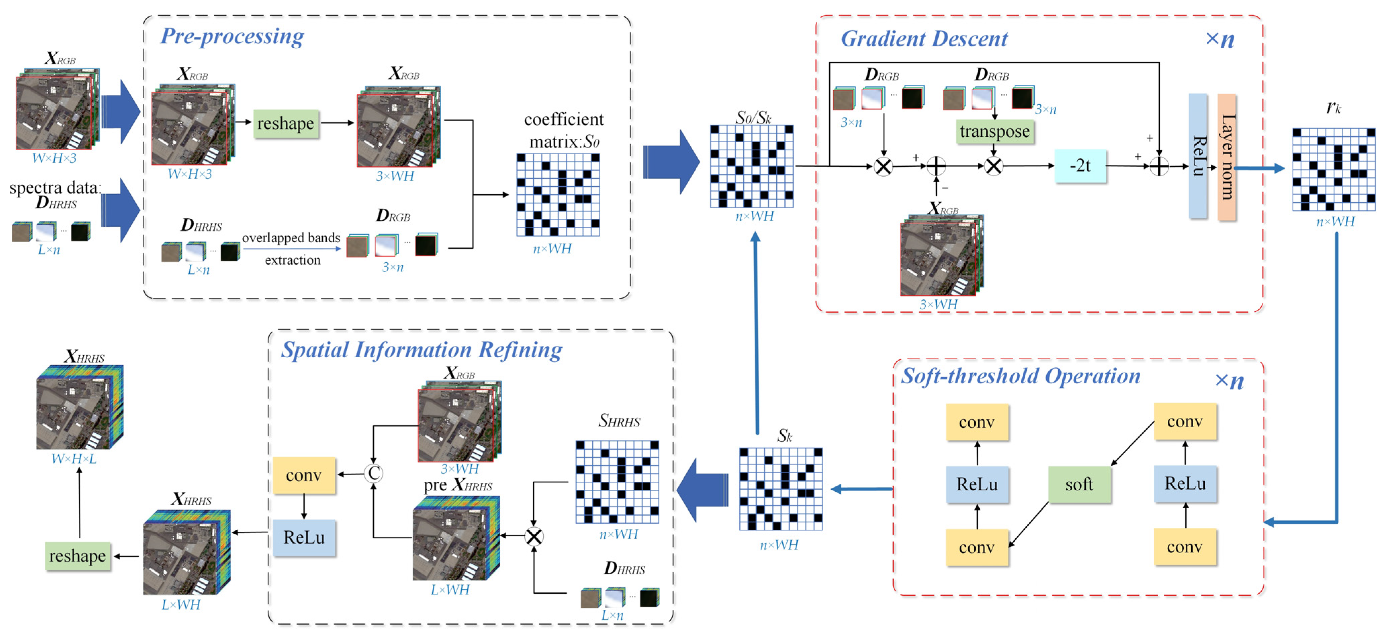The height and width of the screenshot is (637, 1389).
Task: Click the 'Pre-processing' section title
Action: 232,36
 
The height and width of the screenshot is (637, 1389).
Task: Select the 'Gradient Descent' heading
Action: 924,39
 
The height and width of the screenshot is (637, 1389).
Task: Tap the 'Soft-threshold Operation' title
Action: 1020,376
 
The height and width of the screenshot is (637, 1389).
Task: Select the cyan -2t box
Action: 1080,166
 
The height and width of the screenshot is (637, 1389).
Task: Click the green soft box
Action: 1079,484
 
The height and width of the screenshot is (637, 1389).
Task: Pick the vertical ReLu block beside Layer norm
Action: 1198,156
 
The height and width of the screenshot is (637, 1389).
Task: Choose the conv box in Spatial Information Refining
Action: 304,475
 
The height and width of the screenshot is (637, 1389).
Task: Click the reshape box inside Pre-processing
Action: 286,123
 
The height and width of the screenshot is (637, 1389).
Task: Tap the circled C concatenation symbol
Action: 373,473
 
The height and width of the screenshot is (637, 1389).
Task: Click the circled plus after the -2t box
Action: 1159,166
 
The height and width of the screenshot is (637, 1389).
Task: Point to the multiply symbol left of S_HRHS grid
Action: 534,536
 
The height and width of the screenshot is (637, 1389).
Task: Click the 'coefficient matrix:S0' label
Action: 563,130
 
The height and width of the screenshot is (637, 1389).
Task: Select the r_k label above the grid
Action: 1333,108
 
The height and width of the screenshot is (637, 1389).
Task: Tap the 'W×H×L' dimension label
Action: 74,459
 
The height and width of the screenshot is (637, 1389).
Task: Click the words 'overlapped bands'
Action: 291,238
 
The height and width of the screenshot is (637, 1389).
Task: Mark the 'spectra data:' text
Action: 55,188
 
